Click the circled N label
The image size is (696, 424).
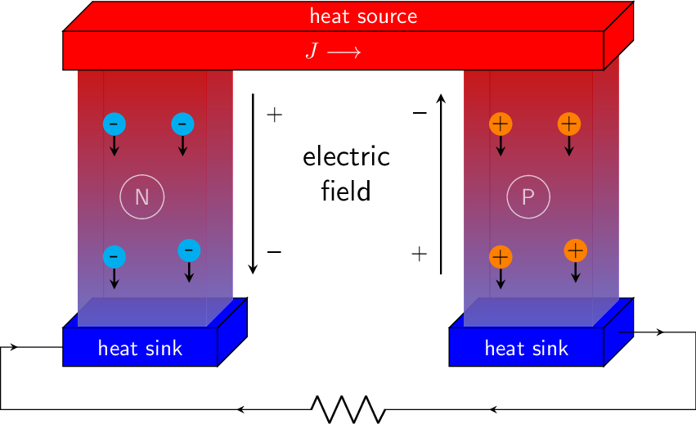(142, 197)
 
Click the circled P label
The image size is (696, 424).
(528, 197)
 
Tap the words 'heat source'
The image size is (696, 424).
(363, 16)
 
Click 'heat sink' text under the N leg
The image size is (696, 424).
(140, 349)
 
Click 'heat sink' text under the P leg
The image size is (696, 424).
(526, 349)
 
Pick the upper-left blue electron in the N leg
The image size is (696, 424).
(115, 124)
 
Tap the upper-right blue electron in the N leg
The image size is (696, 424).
(182, 124)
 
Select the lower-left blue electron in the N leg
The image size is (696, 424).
(115, 257)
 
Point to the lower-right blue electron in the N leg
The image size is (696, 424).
(189, 250)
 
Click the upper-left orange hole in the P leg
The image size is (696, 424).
(501, 124)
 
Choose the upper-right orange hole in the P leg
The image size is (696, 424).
(569, 124)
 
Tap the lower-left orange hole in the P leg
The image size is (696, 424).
(501, 257)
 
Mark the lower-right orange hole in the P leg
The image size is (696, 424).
(576, 250)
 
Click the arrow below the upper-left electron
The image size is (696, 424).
(115, 147)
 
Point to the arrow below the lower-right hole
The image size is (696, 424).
(576, 272)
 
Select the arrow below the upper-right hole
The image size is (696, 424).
(569, 147)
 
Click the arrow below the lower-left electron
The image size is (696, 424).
(115, 279)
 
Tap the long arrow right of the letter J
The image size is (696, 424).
(344, 52)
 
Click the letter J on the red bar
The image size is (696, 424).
(312, 51)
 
